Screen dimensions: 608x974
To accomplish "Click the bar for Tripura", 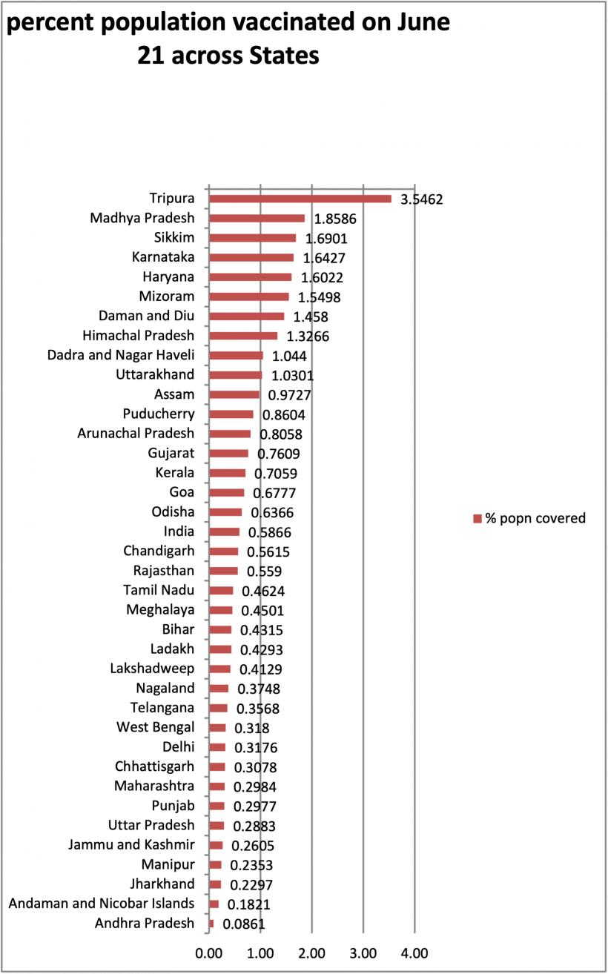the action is pos(300,199).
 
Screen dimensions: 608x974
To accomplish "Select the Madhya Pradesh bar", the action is pos(257,218).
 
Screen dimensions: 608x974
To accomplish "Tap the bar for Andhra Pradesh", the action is pos(211,924).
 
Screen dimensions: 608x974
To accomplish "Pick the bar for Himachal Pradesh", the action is pos(243,336).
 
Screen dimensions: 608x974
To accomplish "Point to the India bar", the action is pos(225,531).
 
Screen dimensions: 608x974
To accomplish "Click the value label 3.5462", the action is pos(421,199).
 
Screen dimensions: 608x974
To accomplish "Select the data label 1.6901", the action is pos(326,239).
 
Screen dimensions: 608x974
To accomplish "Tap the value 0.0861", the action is pos(243,924).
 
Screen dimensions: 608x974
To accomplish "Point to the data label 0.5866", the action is pos(270,533).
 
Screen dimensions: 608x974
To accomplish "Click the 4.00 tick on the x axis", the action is pos(414,953).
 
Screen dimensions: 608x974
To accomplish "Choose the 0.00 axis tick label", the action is pos(209,953).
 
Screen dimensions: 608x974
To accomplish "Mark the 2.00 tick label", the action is pos(311,953).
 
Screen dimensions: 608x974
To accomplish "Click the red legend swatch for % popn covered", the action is pos(478,519).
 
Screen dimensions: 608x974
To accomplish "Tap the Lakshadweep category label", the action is pos(152,669).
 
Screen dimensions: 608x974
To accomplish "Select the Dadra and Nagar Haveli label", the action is pos(121,355).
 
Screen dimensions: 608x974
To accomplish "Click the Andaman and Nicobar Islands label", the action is pos(102,904).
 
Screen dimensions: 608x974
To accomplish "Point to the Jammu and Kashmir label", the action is pos(131,845).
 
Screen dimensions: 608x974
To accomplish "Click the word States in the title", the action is pos(284,56).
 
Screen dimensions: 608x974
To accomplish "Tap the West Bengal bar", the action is pos(217,728).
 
